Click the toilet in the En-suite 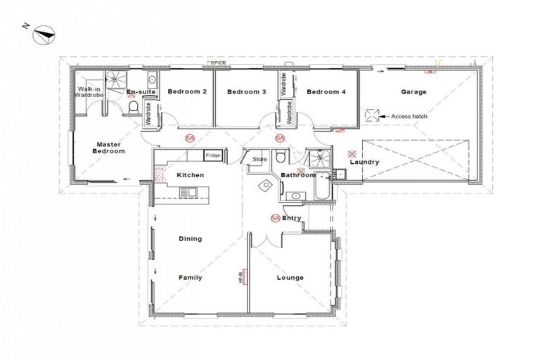coord(134,108)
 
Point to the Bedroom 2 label coord(186,92)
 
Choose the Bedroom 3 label coord(246,92)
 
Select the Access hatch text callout coord(409,117)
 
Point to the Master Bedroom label coord(110,148)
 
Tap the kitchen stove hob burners coord(187,192)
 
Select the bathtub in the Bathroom coord(322,187)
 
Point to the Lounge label coord(290,278)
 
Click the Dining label coord(190,238)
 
